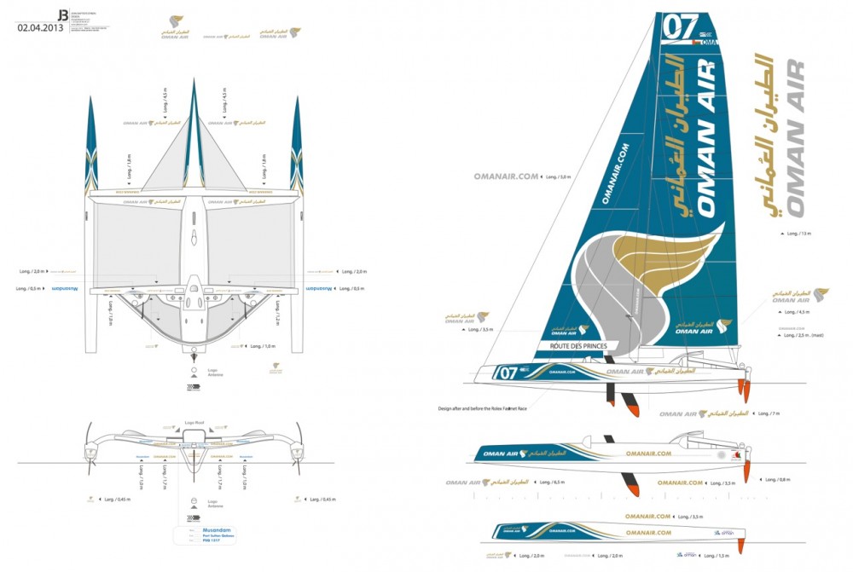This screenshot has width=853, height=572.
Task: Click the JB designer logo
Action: (x=62, y=14)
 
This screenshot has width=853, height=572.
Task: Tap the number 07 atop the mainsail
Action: (x=681, y=26)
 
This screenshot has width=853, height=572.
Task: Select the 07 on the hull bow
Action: (x=508, y=373)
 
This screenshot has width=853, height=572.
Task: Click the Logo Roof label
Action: (x=195, y=421)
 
